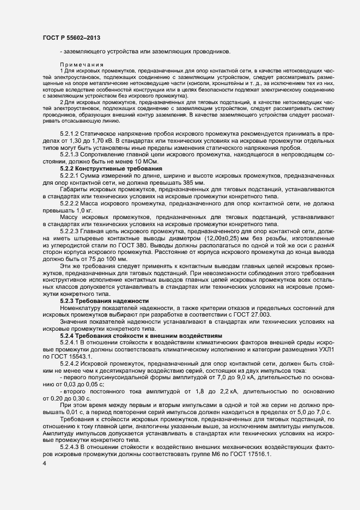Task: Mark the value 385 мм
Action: click(x=181, y=183)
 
